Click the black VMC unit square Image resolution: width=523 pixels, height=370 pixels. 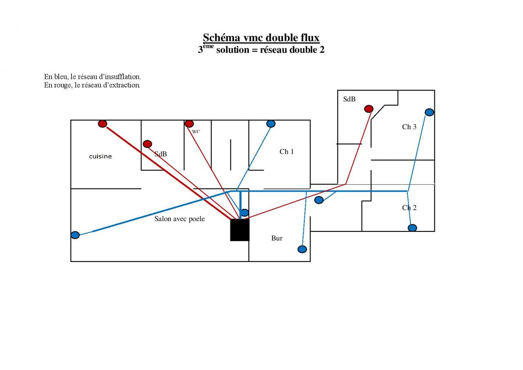[239, 230]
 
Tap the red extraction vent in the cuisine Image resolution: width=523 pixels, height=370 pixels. [103, 123]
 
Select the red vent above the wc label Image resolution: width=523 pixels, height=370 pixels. [189, 123]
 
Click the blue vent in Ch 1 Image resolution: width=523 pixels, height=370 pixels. [270, 123]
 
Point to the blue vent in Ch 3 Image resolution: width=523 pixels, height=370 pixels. [429, 112]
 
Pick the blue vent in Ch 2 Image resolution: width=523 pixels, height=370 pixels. [412, 228]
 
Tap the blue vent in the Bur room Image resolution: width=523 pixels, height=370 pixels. [302, 249]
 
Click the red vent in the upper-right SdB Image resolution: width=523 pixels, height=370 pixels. [369, 109]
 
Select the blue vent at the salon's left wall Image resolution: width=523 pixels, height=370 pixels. [75, 235]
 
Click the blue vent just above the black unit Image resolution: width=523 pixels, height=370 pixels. [244, 213]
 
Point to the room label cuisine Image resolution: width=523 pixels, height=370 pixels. [100, 156]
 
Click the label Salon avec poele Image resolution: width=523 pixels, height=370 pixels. [179, 219]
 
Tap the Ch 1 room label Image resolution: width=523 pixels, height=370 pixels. [286, 152]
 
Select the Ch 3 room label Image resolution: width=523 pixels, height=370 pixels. [409, 127]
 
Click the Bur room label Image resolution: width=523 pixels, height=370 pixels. [277, 238]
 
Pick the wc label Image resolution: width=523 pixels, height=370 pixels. [196, 132]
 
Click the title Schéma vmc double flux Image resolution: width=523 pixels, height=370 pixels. [261, 38]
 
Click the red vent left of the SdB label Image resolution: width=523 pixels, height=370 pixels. [148, 144]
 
